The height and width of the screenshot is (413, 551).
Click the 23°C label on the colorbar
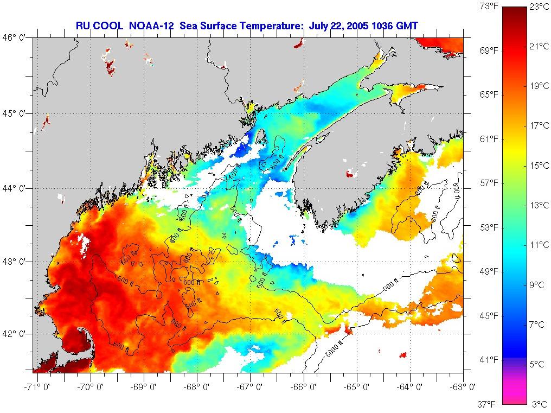click(539, 7)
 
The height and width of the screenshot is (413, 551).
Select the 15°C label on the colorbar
click(539, 166)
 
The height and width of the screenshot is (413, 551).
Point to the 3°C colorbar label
click(539, 404)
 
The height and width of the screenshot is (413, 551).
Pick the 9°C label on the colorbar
click(539, 284)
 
